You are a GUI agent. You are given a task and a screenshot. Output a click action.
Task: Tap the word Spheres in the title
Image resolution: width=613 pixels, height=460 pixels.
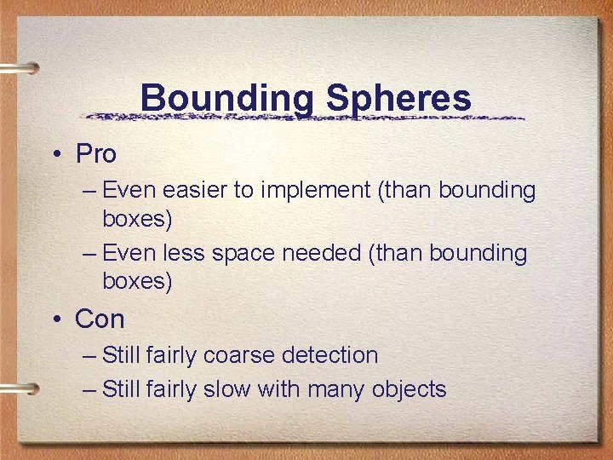[x=398, y=99]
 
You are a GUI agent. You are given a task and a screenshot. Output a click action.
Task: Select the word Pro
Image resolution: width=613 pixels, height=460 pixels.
[x=95, y=154]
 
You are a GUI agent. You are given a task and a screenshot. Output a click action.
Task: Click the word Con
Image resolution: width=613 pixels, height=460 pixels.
[x=100, y=319]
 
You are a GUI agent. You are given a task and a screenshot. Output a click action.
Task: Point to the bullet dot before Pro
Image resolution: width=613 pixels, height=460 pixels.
[x=55, y=155]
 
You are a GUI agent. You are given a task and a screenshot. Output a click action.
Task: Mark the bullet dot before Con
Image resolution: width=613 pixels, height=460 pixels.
[x=55, y=320]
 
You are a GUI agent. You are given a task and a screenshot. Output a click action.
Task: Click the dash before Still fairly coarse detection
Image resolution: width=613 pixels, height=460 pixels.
[x=90, y=355]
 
